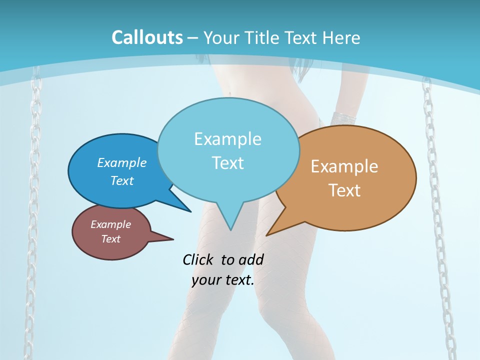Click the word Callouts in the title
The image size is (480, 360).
147,37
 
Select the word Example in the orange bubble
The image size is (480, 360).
344,166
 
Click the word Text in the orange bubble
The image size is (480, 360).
344,190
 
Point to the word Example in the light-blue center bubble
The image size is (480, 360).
227,139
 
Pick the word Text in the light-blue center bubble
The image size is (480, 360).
227,163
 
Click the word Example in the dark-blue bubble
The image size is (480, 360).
122,162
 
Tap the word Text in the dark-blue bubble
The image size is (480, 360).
122,180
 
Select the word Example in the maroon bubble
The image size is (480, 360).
110,224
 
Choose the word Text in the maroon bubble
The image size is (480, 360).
110,239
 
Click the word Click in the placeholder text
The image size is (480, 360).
199,259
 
